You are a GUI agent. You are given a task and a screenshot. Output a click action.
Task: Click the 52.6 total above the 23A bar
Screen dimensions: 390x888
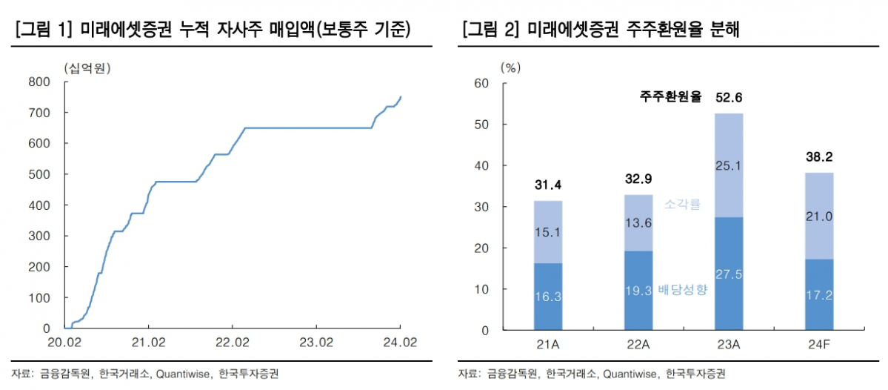[x=728, y=97]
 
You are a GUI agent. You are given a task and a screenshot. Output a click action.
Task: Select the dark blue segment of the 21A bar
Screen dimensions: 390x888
[x=548, y=296]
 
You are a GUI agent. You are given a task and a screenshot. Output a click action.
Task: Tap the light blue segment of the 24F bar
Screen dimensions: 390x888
[x=818, y=216]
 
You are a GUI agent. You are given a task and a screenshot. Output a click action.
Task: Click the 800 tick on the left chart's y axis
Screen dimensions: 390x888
[x=40, y=82]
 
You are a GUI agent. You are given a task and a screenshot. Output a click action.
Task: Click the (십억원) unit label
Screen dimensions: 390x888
[x=86, y=69]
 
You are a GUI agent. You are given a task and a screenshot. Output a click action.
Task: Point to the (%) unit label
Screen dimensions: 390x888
[x=511, y=67]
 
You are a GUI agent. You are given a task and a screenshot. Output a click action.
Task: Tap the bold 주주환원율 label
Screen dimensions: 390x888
[x=671, y=97]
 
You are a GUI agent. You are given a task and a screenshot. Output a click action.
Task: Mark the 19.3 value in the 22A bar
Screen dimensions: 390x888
[x=638, y=290]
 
